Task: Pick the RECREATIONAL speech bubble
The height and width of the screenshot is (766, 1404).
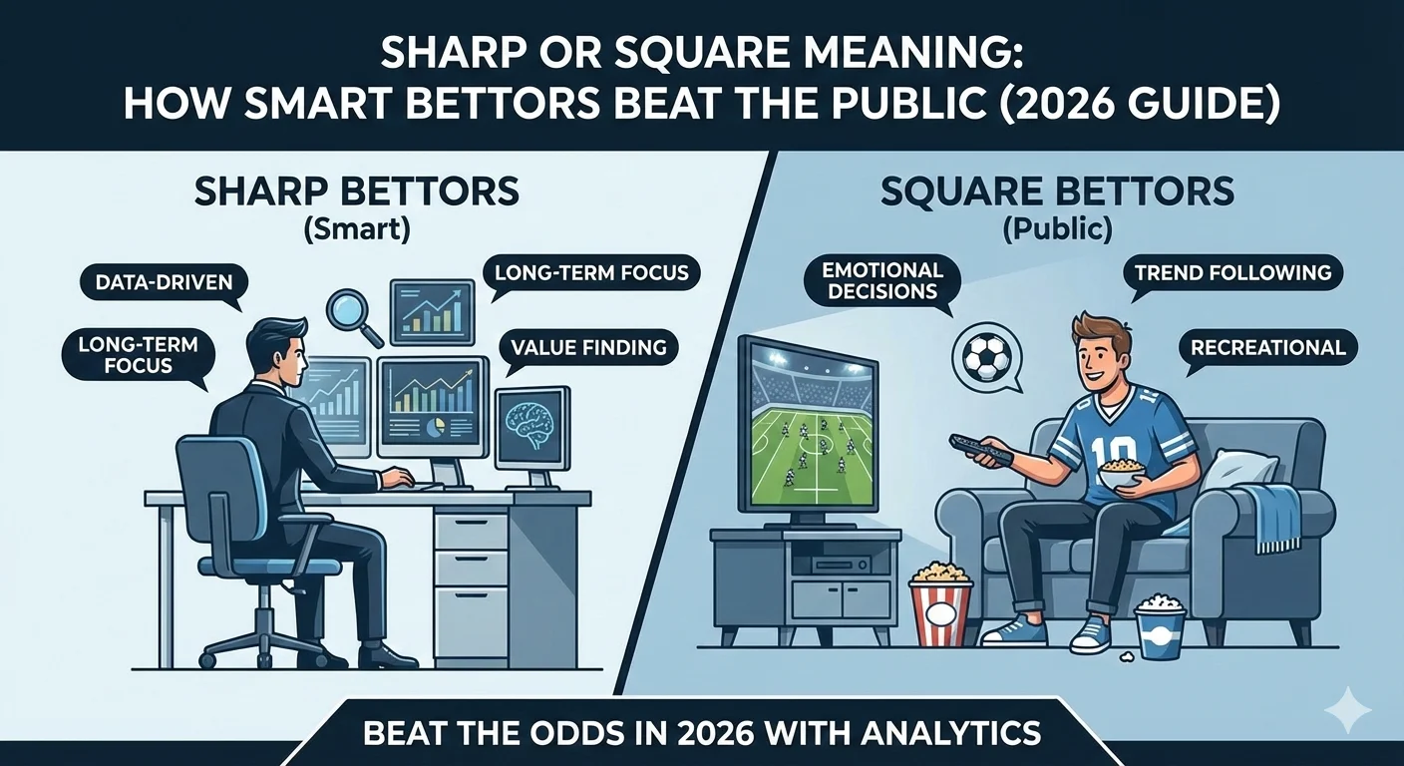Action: coord(1267,347)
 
